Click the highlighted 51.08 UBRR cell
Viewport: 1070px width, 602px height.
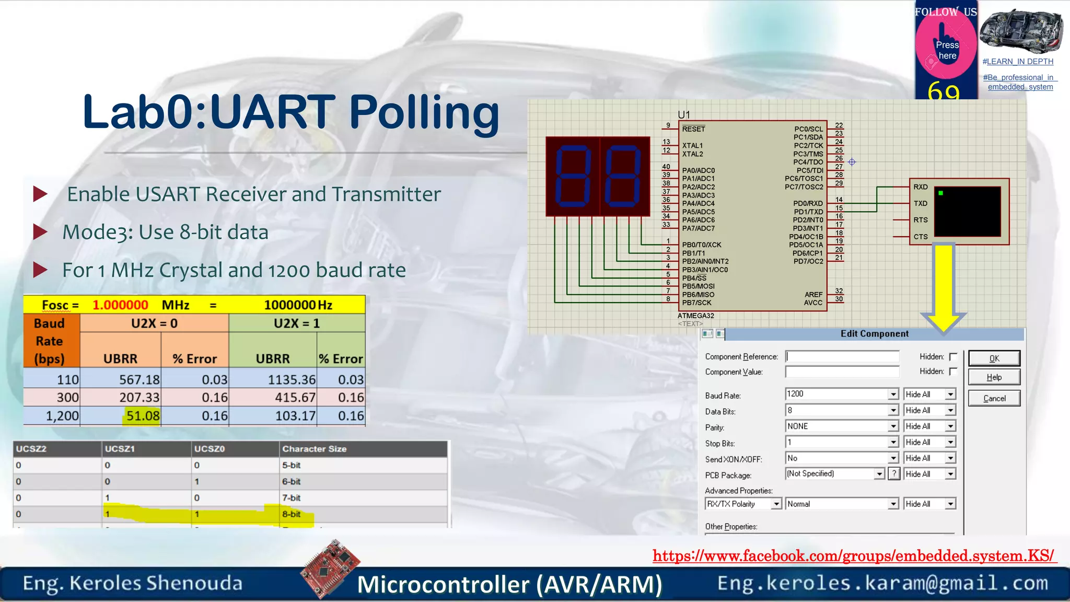(x=142, y=416)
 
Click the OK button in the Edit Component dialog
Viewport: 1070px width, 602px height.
(x=994, y=358)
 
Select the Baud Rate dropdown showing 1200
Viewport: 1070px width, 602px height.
(x=841, y=394)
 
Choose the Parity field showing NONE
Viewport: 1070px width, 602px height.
(x=841, y=426)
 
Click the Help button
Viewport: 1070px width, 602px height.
(x=994, y=377)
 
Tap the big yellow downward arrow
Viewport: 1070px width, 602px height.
(x=944, y=287)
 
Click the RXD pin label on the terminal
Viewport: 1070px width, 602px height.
(x=921, y=187)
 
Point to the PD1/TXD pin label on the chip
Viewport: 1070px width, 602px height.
(x=808, y=212)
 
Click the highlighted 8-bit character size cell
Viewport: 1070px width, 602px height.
(x=292, y=514)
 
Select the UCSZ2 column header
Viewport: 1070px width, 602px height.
(x=31, y=449)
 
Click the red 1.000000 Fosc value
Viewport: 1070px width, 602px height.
(x=120, y=305)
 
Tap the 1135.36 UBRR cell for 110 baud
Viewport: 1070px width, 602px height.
(x=292, y=380)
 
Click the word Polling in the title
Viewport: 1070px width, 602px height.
(x=424, y=112)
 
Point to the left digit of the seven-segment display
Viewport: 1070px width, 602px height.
(x=573, y=176)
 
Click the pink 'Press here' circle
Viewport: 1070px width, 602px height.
(x=946, y=50)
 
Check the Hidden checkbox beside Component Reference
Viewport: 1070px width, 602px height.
(x=953, y=356)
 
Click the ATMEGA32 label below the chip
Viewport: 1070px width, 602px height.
(x=695, y=316)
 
